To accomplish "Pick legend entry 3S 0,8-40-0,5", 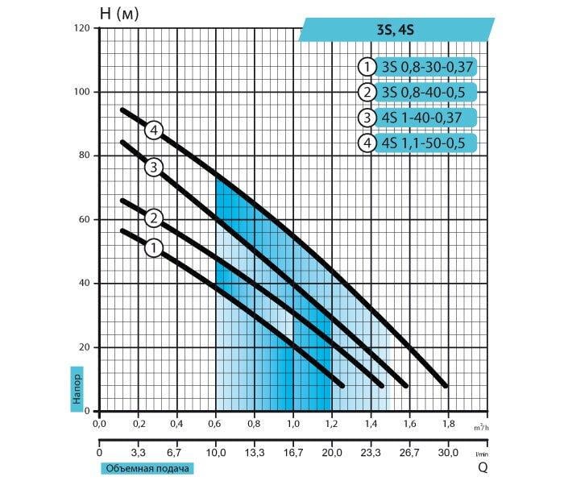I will click(x=417, y=91).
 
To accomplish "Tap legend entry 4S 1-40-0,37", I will click(x=419, y=118).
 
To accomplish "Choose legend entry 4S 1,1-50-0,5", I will click(x=419, y=144).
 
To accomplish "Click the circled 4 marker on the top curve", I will click(x=155, y=130).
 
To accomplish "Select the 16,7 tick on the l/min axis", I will click(x=292, y=453).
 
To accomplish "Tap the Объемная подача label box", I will click(x=147, y=468).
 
